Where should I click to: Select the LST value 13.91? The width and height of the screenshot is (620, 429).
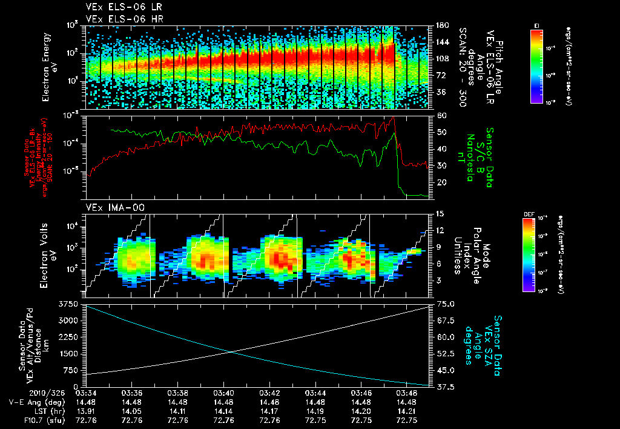coord(86,410)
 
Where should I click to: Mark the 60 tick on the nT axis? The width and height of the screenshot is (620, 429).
coord(440,115)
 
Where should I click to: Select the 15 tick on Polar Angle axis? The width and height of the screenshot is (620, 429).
coord(440,214)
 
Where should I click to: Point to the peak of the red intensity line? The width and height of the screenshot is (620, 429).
coord(394,116)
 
